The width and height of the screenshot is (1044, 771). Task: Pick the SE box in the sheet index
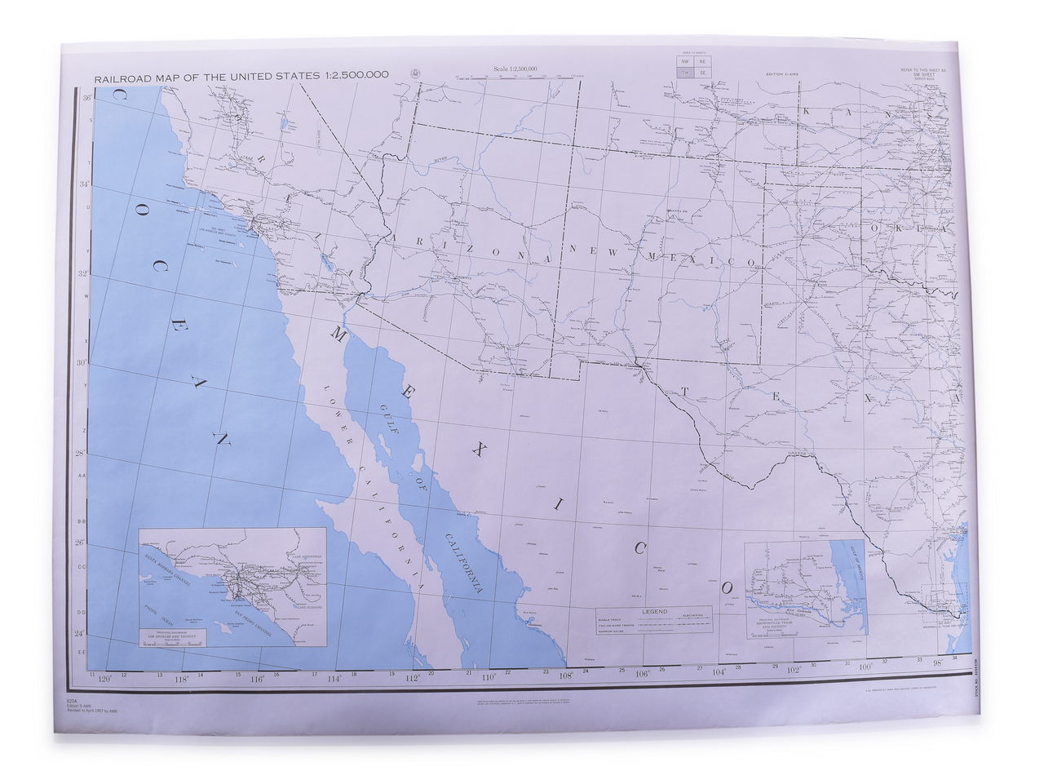click(x=702, y=73)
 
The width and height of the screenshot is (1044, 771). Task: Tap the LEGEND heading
click(x=654, y=611)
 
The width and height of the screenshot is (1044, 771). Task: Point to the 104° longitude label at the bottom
click(x=719, y=672)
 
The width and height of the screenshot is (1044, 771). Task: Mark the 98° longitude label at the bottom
click(x=938, y=662)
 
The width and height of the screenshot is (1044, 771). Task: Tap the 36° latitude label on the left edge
click(x=87, y=98)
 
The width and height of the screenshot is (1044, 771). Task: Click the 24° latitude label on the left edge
click(x=80, y=633)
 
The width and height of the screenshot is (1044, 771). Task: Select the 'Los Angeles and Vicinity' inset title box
click(x=171, y=635)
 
